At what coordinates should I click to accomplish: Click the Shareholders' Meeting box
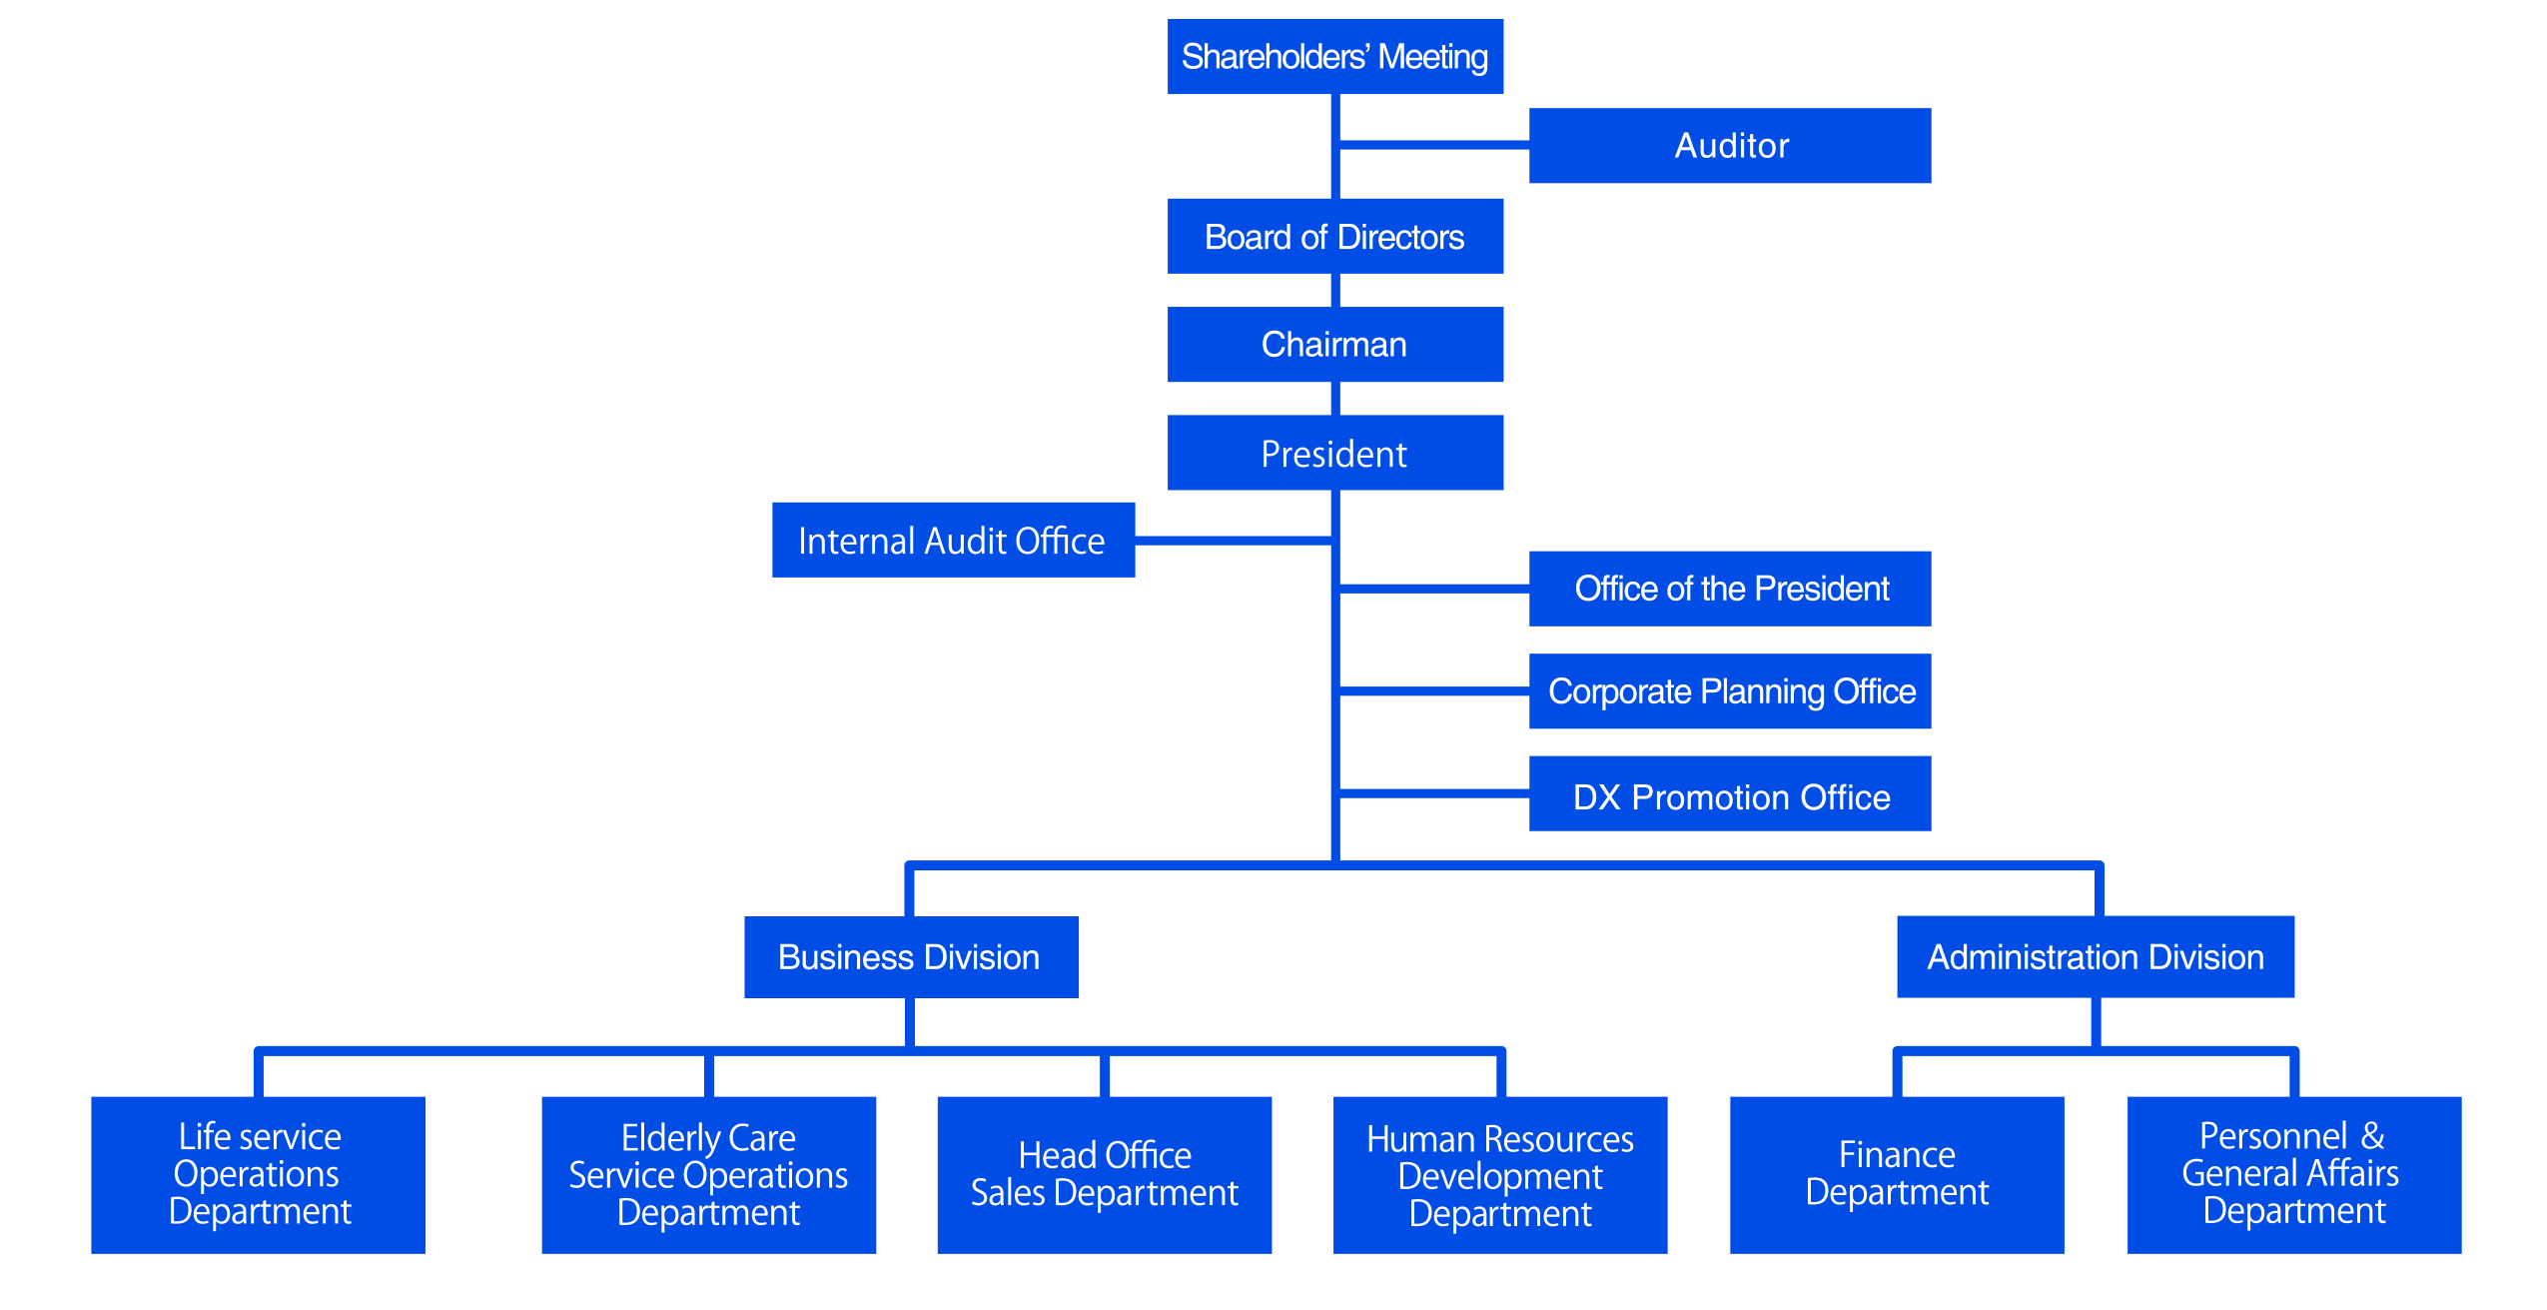[x=1334, y=57]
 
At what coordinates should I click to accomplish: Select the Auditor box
[x=1729, y=146]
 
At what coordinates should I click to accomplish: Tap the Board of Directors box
[x=1334, y=237]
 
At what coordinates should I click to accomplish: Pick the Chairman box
[x=1334, y=345]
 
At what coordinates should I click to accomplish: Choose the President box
[x=1334, y=454]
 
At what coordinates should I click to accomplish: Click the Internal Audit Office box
[x=952, y=541]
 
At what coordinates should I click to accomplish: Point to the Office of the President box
[x=1729, y=589]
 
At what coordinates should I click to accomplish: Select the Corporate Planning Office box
[x=1729, y=691]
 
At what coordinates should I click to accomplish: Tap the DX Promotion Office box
[x=1729, y=795]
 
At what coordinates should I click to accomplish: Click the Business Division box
[x=910, y=957]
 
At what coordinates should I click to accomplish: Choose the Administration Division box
[x=2095, y=957]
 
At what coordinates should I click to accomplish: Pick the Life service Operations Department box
[x=258, y=1175]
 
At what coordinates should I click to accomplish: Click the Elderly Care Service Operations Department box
[x=708, y=1175]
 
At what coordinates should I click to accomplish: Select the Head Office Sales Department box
[x=1104, y=1175]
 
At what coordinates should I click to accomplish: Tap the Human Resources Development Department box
[x=1499, y=1175]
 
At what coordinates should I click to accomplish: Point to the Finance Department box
[x=1896, y=1175]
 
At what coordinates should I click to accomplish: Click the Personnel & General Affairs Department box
[x=2293, y=1175]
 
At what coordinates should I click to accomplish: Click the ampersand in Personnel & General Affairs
[x=2372, y=1137]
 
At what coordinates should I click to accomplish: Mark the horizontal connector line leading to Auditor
[x=1433, y=146]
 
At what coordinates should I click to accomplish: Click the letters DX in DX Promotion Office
[x=1595, y=797]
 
